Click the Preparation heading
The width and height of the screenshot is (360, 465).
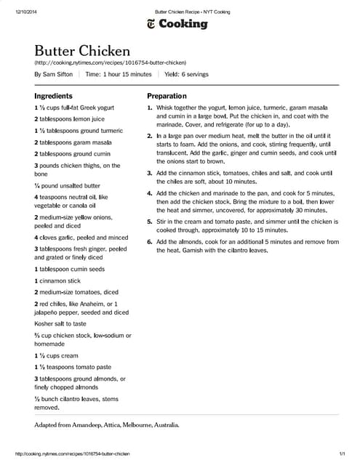[x=167, y=96]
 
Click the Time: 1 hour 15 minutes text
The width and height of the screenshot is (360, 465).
[x=119, y=74]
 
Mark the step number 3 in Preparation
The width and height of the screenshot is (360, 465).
[x=150, y=173]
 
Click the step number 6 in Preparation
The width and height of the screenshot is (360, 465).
[x=150, y=241]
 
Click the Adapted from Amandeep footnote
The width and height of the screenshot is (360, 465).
[x=107, y=424]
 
